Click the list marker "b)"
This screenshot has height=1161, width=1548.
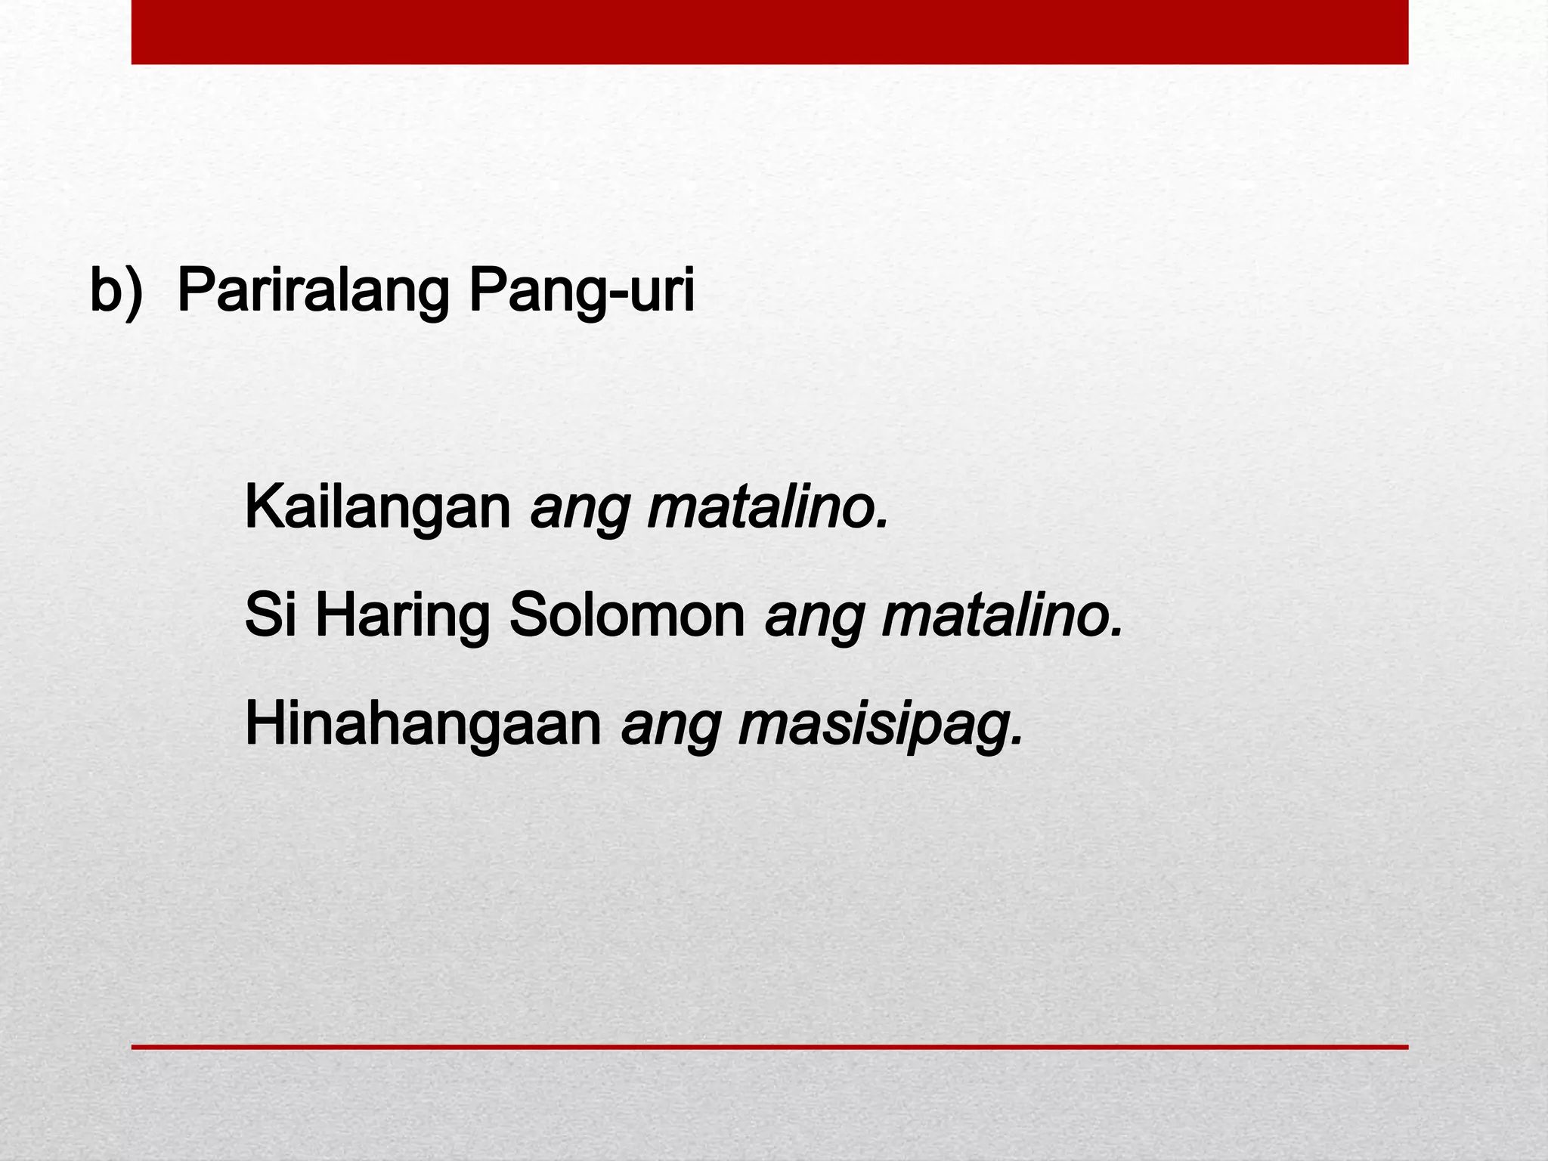tap(116, 291)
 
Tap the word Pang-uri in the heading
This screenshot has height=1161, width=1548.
tap(580, 291)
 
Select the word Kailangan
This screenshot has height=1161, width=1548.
tap(378, 509)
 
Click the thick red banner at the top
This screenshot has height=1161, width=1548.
tap(769, 32)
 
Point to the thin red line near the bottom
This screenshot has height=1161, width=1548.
tap(769, 1047)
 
